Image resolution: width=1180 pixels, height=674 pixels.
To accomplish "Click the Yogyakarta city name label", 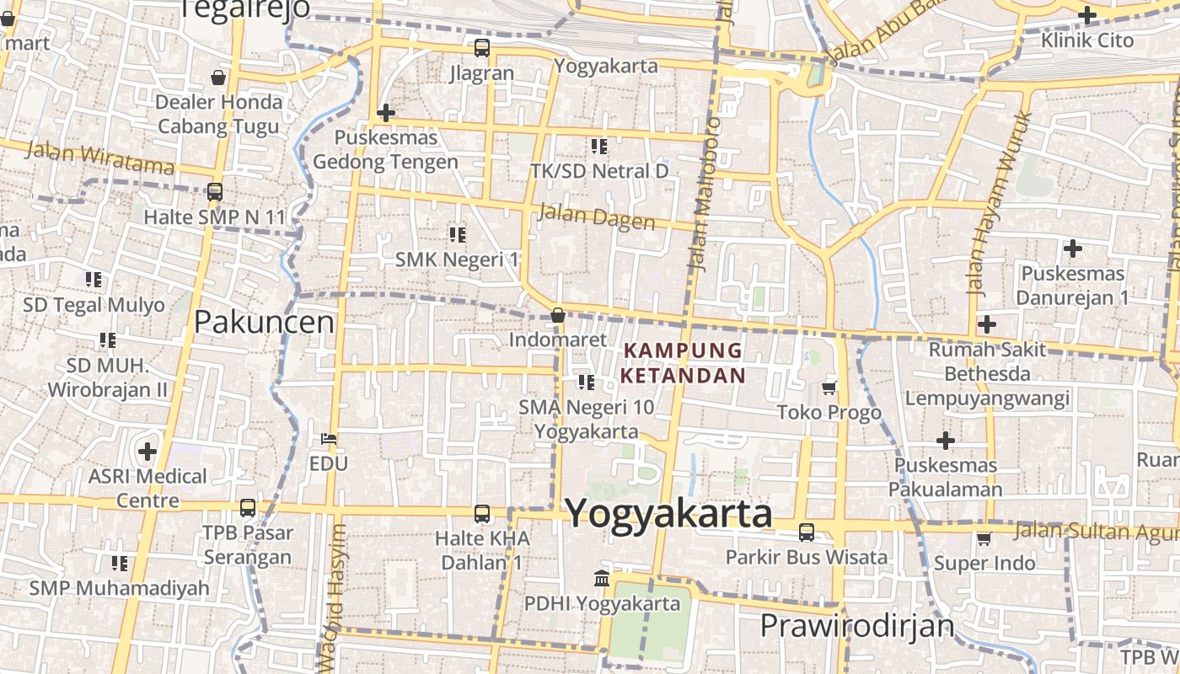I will point(668,513).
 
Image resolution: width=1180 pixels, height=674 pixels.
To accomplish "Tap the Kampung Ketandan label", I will point(684,362).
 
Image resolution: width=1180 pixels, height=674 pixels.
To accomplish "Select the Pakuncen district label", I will point(264,322).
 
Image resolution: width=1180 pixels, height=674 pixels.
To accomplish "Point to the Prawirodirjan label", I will point(857,626).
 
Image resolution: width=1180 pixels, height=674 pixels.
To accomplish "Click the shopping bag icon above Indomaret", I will point(557,315).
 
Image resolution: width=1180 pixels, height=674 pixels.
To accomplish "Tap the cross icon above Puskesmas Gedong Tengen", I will point(385,112).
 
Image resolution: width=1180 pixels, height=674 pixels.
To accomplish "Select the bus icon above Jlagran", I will point(481,48).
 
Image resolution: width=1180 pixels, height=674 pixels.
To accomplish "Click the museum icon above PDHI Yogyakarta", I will point(602,579).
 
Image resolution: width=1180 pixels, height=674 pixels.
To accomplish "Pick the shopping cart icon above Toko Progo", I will point(829,388).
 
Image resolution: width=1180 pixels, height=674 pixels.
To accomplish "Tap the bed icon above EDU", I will point(329,439).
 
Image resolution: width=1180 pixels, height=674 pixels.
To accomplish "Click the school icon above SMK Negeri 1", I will point(457,234).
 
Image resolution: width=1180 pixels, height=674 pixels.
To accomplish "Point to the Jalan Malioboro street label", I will point(705,194).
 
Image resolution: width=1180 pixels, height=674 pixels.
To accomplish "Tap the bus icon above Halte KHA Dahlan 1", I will point(481,513).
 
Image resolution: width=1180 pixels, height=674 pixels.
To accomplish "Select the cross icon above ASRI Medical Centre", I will point(147,451).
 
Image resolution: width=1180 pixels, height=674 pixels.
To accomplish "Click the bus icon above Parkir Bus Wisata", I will point(806,532).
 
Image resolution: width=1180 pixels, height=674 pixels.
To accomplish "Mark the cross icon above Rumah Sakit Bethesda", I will point(986,324).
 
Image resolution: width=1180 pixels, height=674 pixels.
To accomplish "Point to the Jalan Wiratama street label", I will point(99,158).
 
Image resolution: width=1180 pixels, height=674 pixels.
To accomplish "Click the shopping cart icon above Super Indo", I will point(984,538).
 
